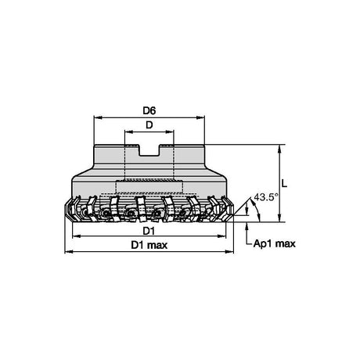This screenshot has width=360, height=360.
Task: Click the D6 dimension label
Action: pos(149,111)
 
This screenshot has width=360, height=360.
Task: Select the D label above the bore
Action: pos(149,125)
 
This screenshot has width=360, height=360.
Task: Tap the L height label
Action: pos(284,184)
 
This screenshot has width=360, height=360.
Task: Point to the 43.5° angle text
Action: pos(264,197)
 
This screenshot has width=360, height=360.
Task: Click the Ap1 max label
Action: pos(275,244)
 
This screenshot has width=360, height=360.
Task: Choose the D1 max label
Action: pos(149,245)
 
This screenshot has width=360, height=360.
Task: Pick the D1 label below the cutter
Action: pos(149,231)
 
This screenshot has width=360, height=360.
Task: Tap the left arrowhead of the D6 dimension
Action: pos(98,117)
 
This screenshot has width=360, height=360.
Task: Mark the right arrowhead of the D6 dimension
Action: pos(200,117)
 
